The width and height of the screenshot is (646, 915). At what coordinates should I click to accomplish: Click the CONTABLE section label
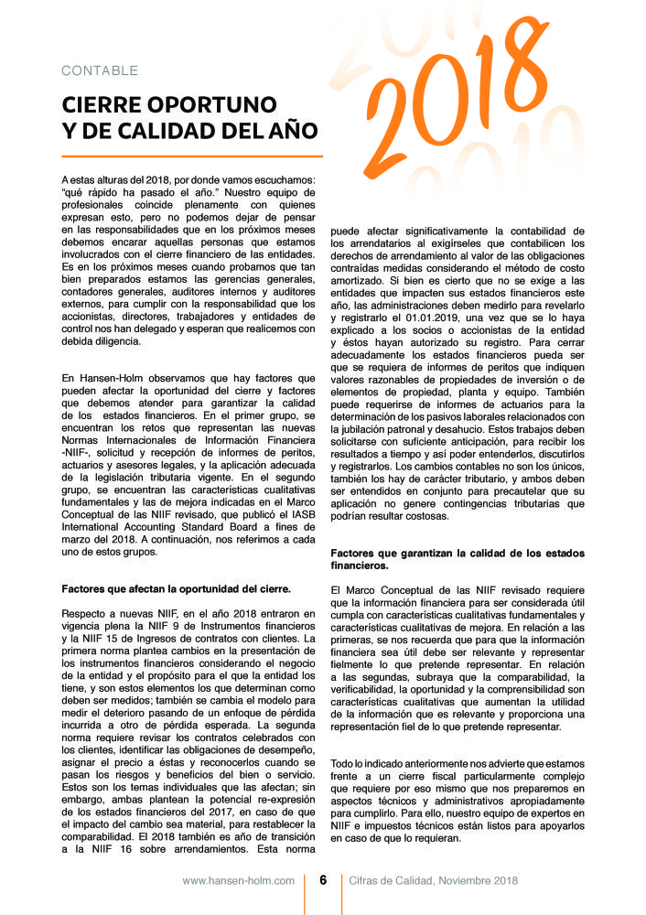tap(100, 70)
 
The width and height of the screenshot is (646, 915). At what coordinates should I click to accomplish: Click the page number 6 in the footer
tap(323, 880)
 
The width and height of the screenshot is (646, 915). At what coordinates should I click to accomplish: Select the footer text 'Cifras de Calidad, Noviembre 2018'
tap(434, 880)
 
